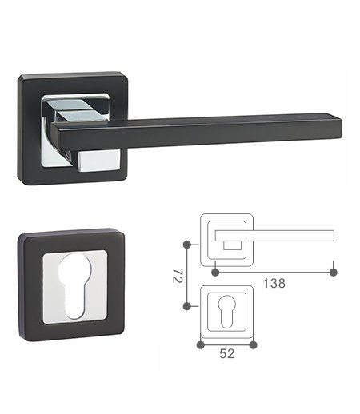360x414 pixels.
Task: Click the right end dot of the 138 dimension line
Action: pyautogui.click(x=334, y=272)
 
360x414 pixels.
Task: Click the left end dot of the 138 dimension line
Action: pyautogui.click(x=214, y=272)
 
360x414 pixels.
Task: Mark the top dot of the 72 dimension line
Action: pyautogui.click(x=186, y=242)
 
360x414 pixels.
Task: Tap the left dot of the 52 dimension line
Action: pyautogui.click(x=200, y=344)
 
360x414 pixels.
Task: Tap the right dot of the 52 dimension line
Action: pyautogui.click(x=253, y=344)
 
